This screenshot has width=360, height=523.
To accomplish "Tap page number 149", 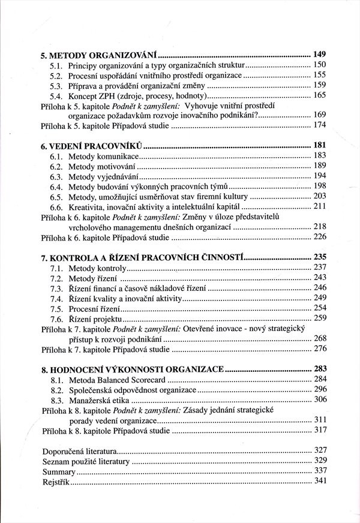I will pyautogui.click(x=319, y=55).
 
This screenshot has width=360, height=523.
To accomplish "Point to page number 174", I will pyautogui.click(x=319, y=127).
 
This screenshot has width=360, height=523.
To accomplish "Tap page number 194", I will pyautogui.click(x=319, y=176).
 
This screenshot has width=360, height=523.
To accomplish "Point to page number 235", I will pyautogui.click(x=319, y=257).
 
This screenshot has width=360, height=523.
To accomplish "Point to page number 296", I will pyautogui.click(x=319, y=390).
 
